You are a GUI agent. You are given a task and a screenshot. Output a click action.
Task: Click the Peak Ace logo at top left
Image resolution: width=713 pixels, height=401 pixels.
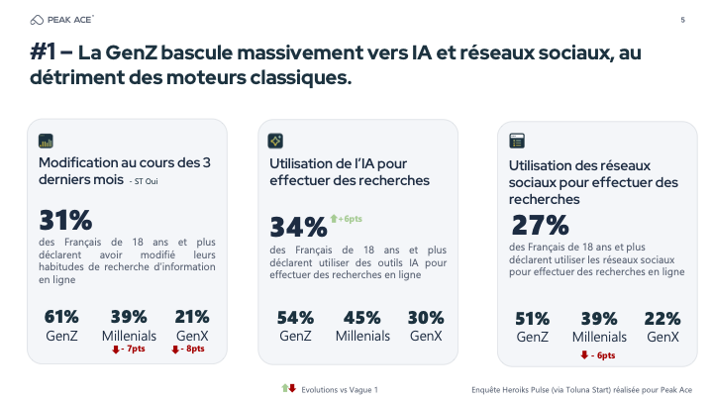63,20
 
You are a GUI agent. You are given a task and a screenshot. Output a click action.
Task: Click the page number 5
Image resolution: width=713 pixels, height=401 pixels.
682,20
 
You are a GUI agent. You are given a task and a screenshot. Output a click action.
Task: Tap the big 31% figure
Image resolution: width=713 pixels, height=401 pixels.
65,220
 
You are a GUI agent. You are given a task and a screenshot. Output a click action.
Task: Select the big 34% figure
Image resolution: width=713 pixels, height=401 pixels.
298,228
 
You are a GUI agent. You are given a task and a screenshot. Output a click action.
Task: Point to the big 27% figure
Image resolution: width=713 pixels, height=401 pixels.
540,225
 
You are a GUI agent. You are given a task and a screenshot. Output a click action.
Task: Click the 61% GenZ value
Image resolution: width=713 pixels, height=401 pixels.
61,317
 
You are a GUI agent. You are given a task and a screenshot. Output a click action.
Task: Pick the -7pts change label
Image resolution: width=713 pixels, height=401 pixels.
128,349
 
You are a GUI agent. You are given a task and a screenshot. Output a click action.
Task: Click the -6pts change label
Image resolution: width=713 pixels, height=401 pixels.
598,354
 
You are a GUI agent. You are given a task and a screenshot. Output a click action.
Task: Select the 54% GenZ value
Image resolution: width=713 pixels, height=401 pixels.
295,318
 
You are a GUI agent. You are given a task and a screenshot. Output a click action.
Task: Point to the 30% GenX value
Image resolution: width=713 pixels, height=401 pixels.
426,318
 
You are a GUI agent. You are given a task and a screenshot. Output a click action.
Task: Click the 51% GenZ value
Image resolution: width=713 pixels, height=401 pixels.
532,319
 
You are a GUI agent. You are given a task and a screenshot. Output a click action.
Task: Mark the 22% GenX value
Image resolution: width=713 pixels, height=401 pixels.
662,319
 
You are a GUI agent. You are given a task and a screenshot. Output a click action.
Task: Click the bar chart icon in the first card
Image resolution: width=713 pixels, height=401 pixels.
46,140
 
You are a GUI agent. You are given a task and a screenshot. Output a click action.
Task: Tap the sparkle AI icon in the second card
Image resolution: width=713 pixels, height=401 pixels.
276,141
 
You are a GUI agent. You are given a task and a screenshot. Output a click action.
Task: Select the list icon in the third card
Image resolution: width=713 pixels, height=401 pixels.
516,141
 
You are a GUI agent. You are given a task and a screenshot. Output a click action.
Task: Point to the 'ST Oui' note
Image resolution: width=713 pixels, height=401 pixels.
145,181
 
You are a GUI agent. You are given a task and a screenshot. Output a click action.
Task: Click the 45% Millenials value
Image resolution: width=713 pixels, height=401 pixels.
361,318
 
